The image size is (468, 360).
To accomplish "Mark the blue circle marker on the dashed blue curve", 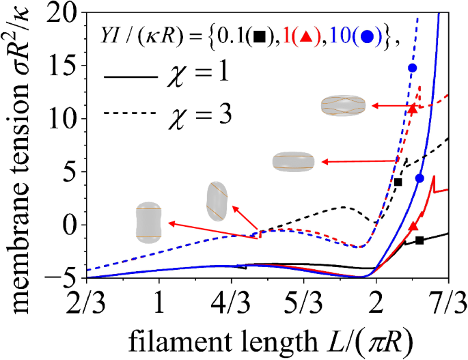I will pos(412,68).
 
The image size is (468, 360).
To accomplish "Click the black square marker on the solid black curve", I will pos(419,240).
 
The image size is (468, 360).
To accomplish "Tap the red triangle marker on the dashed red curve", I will pos(412,109).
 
